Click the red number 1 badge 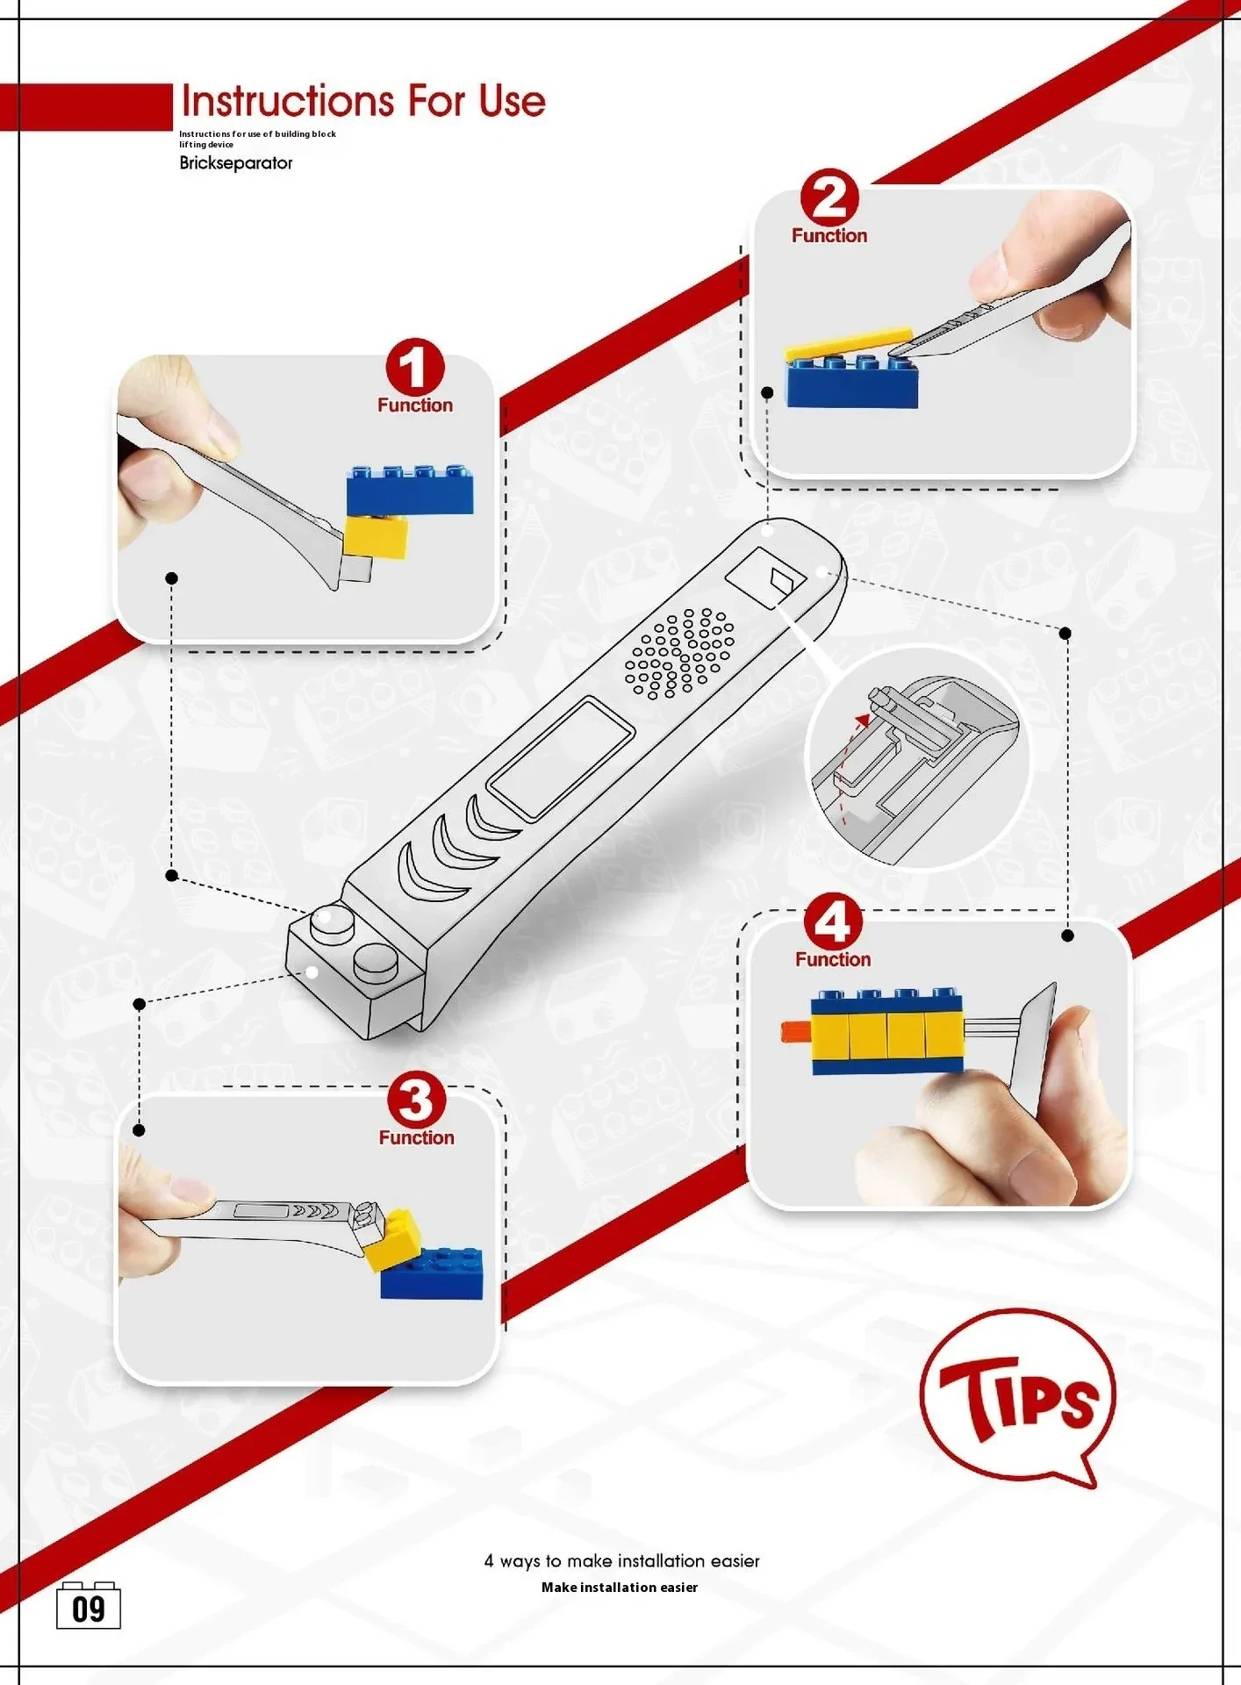point(414,367)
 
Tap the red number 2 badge point(829,197)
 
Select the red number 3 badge point(417,1100)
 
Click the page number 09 point(89,1609)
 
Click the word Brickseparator point(236,163)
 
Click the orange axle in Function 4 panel point(796,1031)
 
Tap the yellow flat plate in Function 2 point(849,343)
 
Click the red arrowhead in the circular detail point(864,721)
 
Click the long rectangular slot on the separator point(560,759)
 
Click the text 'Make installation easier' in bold point(620,1587)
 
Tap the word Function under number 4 point(833,959)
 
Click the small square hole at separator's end point(765,577)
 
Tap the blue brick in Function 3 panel point(432,1273)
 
